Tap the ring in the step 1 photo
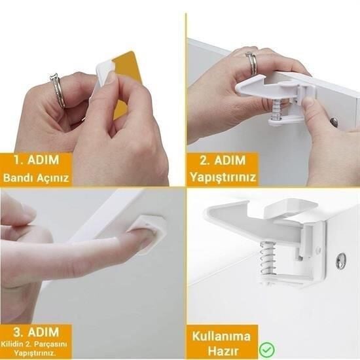pyautogui.click(x=58, y=91)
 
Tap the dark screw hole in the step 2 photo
pyautogui.click(x=334, y=122)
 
